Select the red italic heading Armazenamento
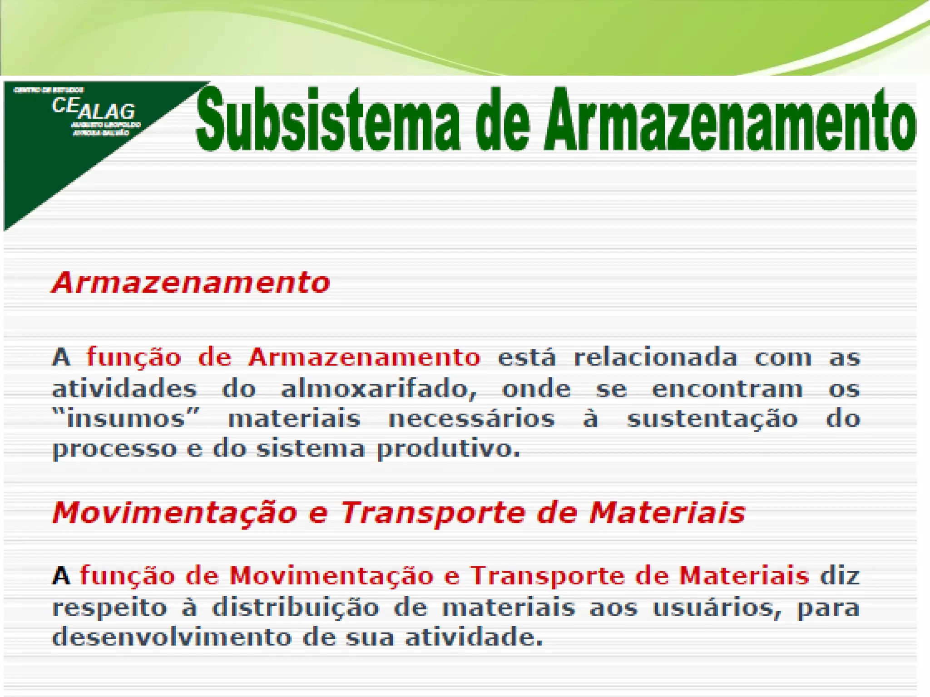pos(191,282)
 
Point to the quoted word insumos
pos(126,418)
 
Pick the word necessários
pos(471,418)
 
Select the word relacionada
pos(655,358)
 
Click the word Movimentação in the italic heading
pos(175,513)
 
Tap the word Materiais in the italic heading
pos(668,513)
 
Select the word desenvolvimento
pos(172,637)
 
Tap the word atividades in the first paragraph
pos(124,389)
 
